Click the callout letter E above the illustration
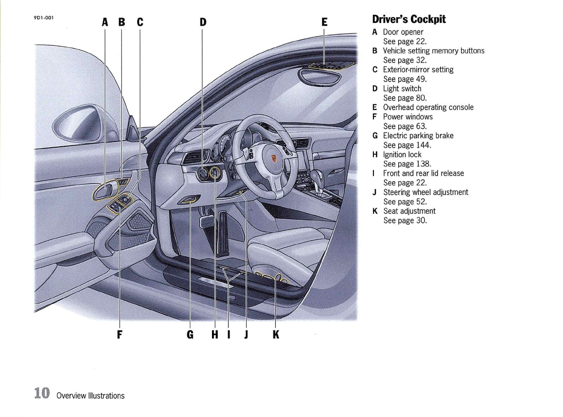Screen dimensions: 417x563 [x=324, y=22]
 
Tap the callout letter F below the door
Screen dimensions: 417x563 [x=120, y=335]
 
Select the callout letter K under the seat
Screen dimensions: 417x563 [x=276, y=335]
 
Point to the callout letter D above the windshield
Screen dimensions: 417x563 [x=203, y=22]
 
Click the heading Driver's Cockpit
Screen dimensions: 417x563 [x=409, y=19]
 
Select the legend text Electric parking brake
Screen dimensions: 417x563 [x=418, y=136]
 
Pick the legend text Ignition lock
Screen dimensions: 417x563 [x=402, y=154]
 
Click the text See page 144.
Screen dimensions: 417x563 [x=407, y=145]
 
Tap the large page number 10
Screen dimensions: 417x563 [x=42, y=393]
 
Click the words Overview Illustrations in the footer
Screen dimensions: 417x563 [x=90, y=396]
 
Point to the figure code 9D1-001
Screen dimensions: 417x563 [x=44, y=18]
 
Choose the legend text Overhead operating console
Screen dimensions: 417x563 [x=428, y=107]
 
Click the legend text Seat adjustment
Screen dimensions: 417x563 [x=409, y=211]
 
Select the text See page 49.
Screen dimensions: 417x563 [x=405, y=79]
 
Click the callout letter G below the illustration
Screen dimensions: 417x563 [x=190, y=335]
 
